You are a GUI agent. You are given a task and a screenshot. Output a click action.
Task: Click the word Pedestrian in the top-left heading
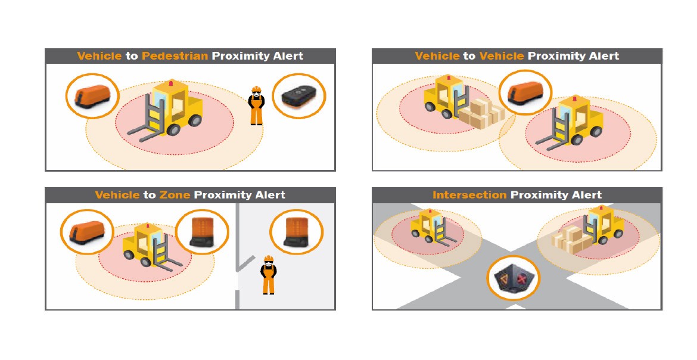click(175, 56)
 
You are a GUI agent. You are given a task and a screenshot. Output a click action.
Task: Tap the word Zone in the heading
click(175, 195)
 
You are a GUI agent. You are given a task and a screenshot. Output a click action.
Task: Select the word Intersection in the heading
click(469, 195)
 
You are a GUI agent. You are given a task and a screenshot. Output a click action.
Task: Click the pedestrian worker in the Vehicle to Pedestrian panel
click(256, 105)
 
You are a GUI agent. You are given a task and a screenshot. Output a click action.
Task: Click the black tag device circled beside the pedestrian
click(299, 97)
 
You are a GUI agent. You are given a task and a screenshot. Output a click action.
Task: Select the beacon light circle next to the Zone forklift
click(202, 232)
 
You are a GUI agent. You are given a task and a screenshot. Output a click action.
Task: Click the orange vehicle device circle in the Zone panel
click(88, 231)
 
